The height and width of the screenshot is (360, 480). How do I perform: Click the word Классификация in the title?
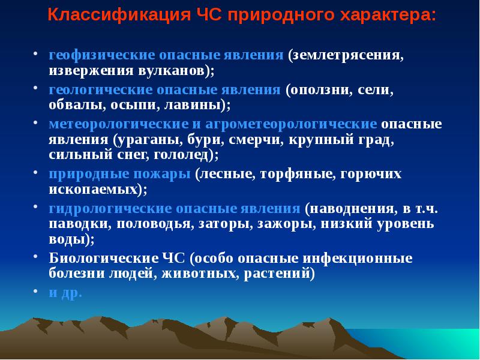[x=119, y=14]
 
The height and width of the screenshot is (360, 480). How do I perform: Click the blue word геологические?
[x=100, y=89]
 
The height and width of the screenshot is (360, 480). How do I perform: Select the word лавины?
[x=193, y=104]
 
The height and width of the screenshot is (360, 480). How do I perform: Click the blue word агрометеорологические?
[x=291, y=124]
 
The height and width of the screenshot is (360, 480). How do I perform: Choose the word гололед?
[x=181, y=155]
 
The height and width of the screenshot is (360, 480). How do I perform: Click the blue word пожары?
[x=161, y=174]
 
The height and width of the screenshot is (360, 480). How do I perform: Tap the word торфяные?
[x=296, y=174]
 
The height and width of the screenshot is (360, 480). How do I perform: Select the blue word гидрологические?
[x=110, y=209]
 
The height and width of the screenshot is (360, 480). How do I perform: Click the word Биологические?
[x=103, y=258]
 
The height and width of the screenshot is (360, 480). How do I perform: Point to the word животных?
[x=199, y=273]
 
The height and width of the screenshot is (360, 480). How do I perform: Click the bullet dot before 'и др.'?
[x=35, y=290]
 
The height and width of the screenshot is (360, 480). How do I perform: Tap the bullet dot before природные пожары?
[x=35, y=172]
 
